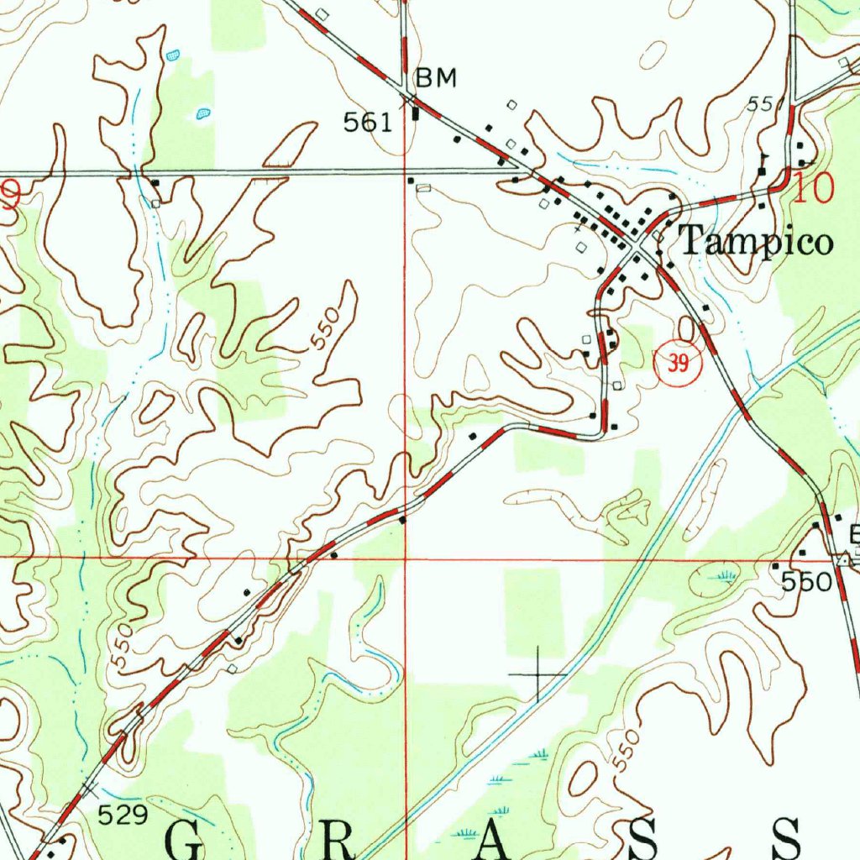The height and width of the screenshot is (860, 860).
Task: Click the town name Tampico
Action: click(755, 242)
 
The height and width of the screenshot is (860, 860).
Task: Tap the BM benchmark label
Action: click(437, 78)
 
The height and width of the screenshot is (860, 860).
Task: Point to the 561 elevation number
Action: click(368, 123)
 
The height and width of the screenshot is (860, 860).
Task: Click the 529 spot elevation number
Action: click(123, 814)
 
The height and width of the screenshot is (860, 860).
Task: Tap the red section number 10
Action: click(813, 189)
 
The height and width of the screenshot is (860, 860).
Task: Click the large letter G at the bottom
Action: click(187, 840)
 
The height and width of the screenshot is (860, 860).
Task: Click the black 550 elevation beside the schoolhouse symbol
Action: click(807, 582)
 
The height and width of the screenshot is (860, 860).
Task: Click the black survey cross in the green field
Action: click(538, 674)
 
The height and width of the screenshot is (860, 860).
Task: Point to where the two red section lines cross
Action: click(405, 557)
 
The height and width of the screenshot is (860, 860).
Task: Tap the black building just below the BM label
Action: click(415, 113)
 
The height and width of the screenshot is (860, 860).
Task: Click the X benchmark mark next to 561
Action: click(410, 100)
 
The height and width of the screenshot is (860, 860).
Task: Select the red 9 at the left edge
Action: click(10, 197)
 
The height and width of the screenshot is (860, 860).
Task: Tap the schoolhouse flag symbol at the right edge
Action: click(843, 559)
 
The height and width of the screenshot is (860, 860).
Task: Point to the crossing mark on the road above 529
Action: click(91, 787)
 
